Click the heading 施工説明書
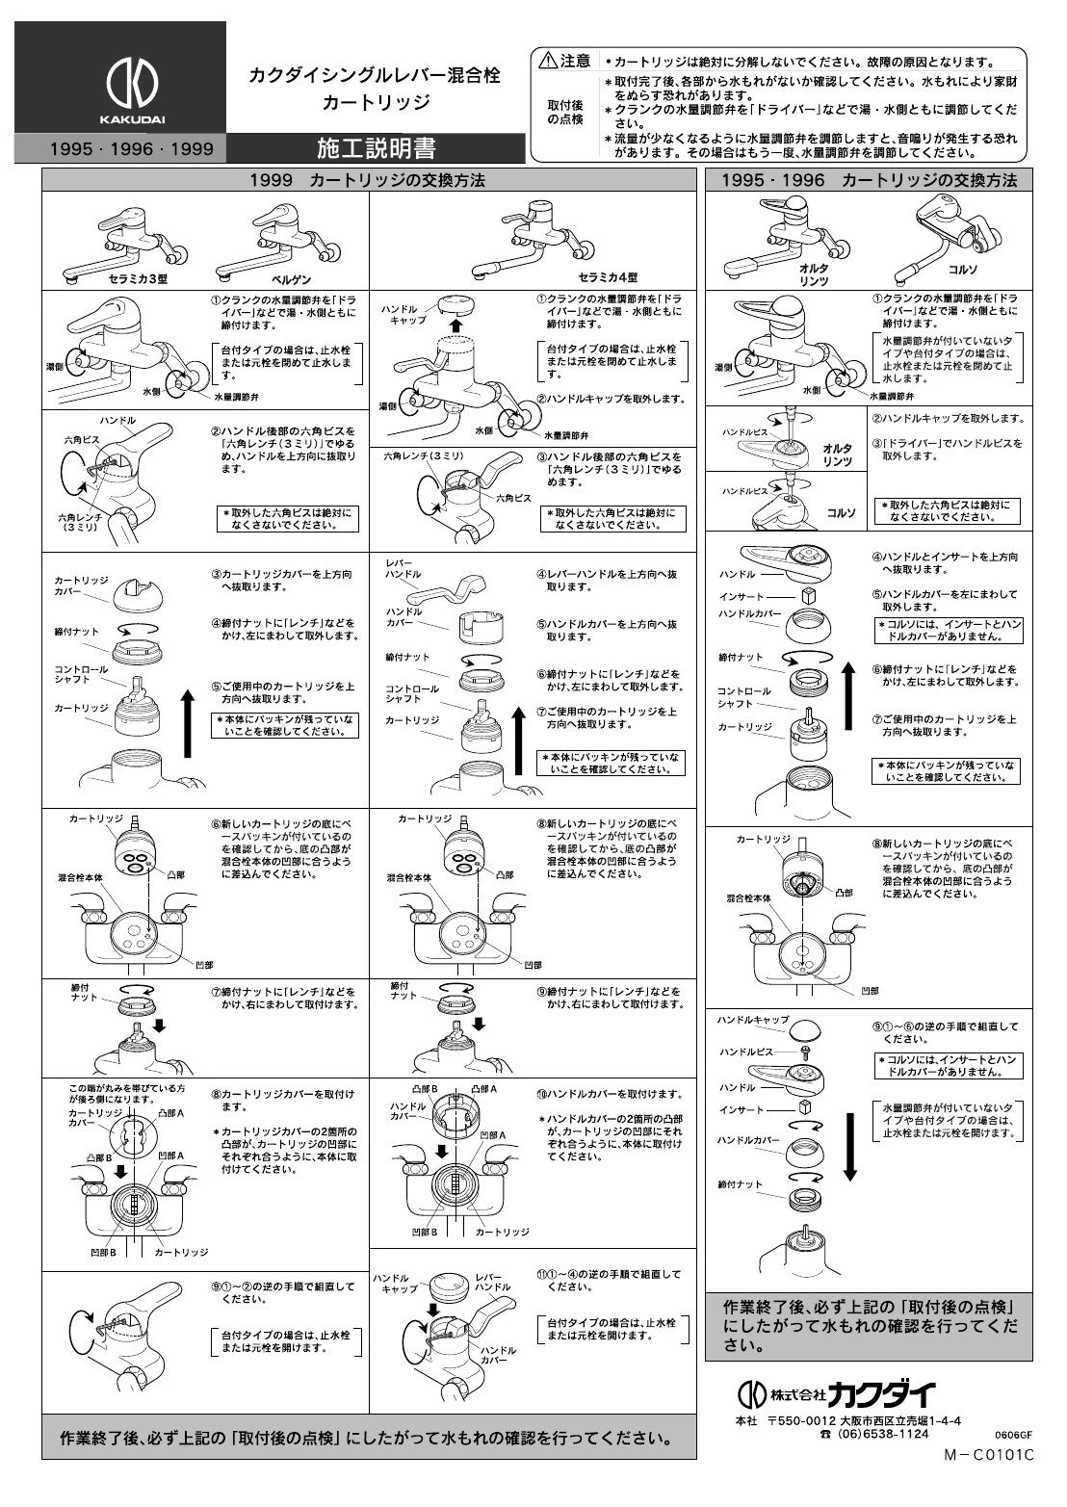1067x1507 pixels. pyautogui.click(x=377, y=148)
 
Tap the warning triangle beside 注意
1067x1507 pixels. pyautogui.click(x=548, y=62)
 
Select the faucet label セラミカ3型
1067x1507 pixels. pyautogui.click(x=138, y=278)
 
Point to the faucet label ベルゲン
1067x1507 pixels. pyautogui.click(x=291, y=279)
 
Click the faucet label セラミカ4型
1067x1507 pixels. pyautogui.click(x=608, y=277)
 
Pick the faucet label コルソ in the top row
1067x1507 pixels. pyautogui.click(x=962, y=269)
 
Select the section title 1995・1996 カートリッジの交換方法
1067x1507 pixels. pyautogui.click(x=870, y=180)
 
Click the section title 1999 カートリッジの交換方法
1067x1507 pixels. pyautogui.click(x=367, y=180)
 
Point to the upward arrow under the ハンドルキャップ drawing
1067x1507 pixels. pyautogui.click(x=456, y=326)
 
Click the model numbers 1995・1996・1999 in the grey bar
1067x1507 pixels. pyautogui.click(x=132, y=148)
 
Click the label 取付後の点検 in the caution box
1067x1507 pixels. pyautogui.click(x=565, y=113)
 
